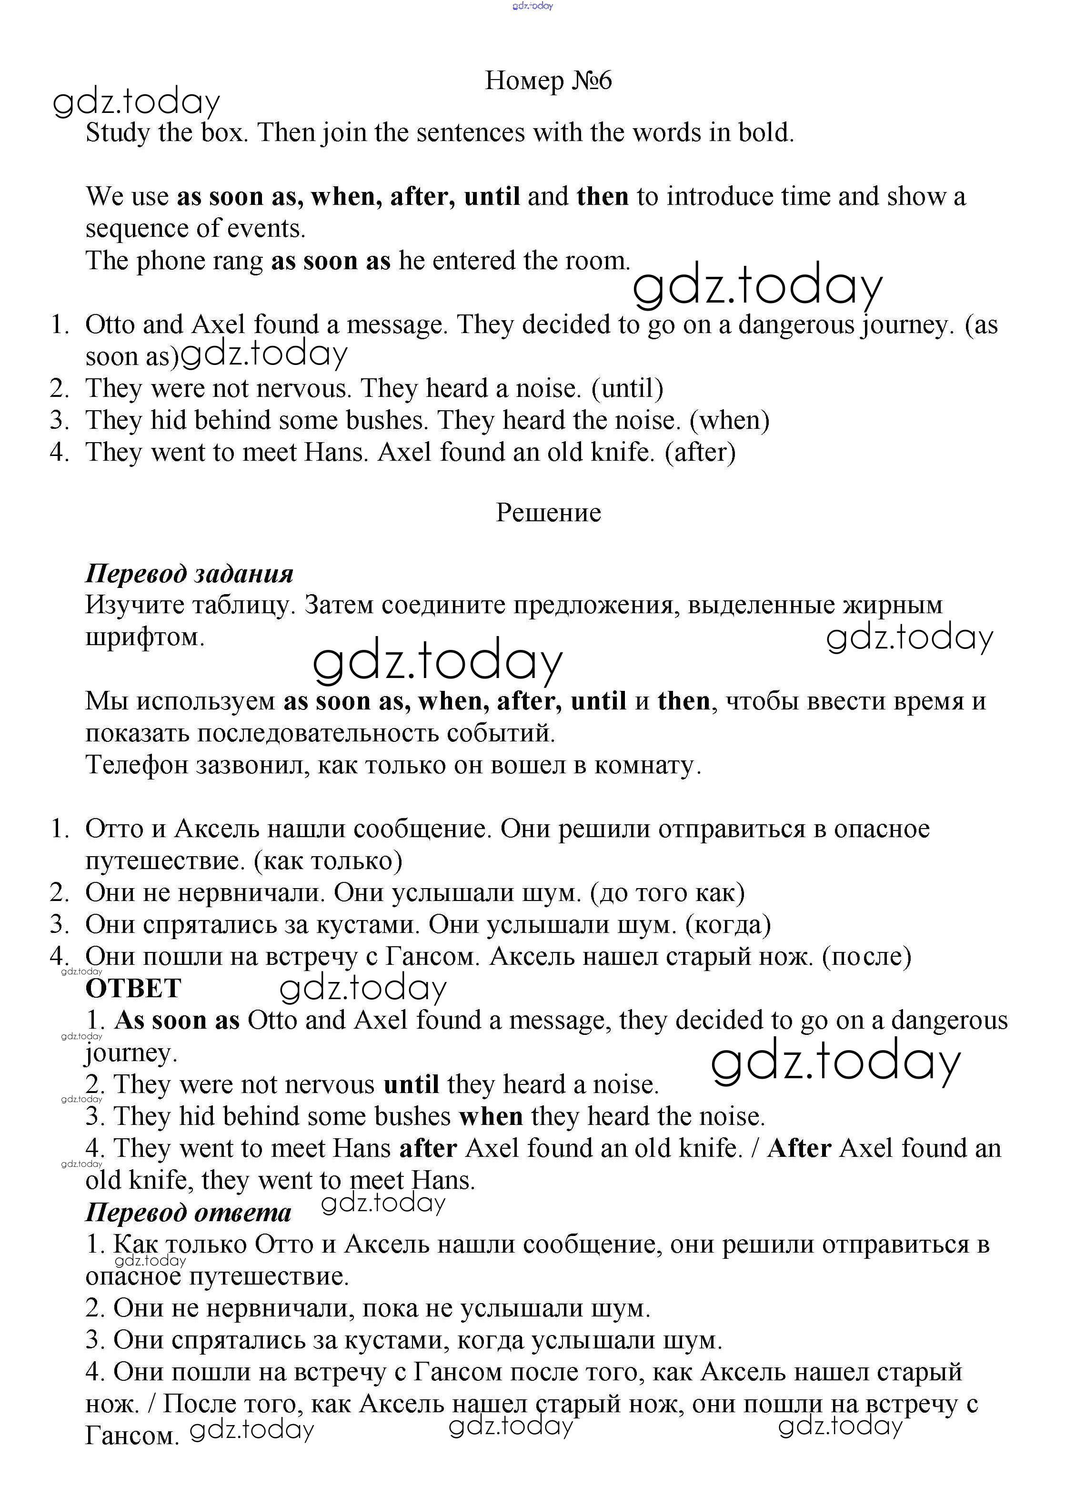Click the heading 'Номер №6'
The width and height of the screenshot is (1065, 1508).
point(548,81)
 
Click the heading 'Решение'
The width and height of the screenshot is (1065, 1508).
point(548,512)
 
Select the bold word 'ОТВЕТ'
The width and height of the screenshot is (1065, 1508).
point(133,989)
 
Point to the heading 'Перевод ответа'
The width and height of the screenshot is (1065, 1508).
point(189,1212)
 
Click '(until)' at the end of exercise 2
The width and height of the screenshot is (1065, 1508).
point(627,388)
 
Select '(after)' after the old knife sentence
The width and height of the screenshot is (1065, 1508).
point(700,453)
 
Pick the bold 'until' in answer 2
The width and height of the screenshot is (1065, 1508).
point(411,1084)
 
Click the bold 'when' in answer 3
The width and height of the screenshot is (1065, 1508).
point(491,1116)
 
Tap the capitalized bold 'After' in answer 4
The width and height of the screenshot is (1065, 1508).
point(799,1148)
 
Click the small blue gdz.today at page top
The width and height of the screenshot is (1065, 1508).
point(532,6)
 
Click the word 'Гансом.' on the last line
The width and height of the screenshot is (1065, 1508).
point(132,1436)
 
